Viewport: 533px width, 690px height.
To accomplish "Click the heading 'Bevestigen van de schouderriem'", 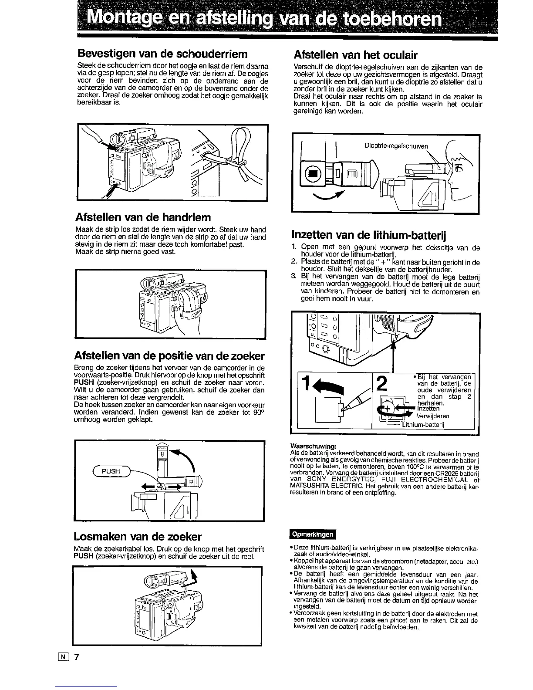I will [162, 54].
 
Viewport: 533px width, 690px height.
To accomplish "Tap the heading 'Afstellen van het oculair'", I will [356, 55].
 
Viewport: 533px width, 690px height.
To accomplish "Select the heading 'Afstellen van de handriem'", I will [143, 217].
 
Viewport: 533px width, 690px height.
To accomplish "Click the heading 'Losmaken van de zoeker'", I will [138, 536].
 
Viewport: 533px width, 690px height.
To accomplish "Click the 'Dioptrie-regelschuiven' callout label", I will [396, 146].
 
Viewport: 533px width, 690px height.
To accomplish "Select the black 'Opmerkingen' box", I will [313, 534].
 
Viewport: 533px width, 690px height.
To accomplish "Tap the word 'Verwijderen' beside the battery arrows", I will [433, 416].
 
